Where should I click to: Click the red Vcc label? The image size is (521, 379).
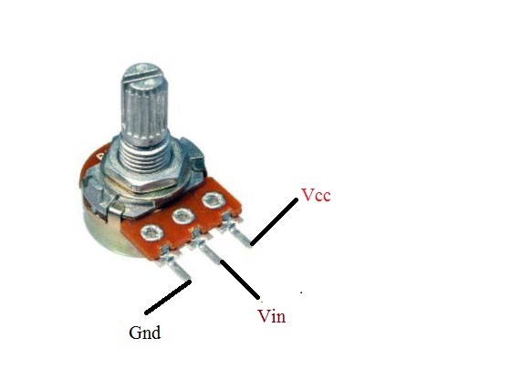point(316,195)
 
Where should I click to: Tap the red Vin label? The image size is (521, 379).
point(272,316)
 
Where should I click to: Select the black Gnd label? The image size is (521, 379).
point(145,333)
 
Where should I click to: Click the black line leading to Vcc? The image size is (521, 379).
point(275,221)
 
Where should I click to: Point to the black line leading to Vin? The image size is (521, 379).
point(240,280)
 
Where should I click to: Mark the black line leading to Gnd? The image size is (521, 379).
point(168,297)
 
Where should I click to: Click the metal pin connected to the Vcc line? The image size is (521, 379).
point(238,231)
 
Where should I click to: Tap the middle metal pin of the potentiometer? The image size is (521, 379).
point(207,249)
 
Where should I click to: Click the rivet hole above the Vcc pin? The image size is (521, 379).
point(214,200)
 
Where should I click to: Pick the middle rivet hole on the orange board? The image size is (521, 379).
point(183,217)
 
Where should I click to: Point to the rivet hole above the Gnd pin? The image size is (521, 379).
point(151,232)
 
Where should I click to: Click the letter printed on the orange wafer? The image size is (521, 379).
point(100,155)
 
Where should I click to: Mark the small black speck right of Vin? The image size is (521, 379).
point(301,292)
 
